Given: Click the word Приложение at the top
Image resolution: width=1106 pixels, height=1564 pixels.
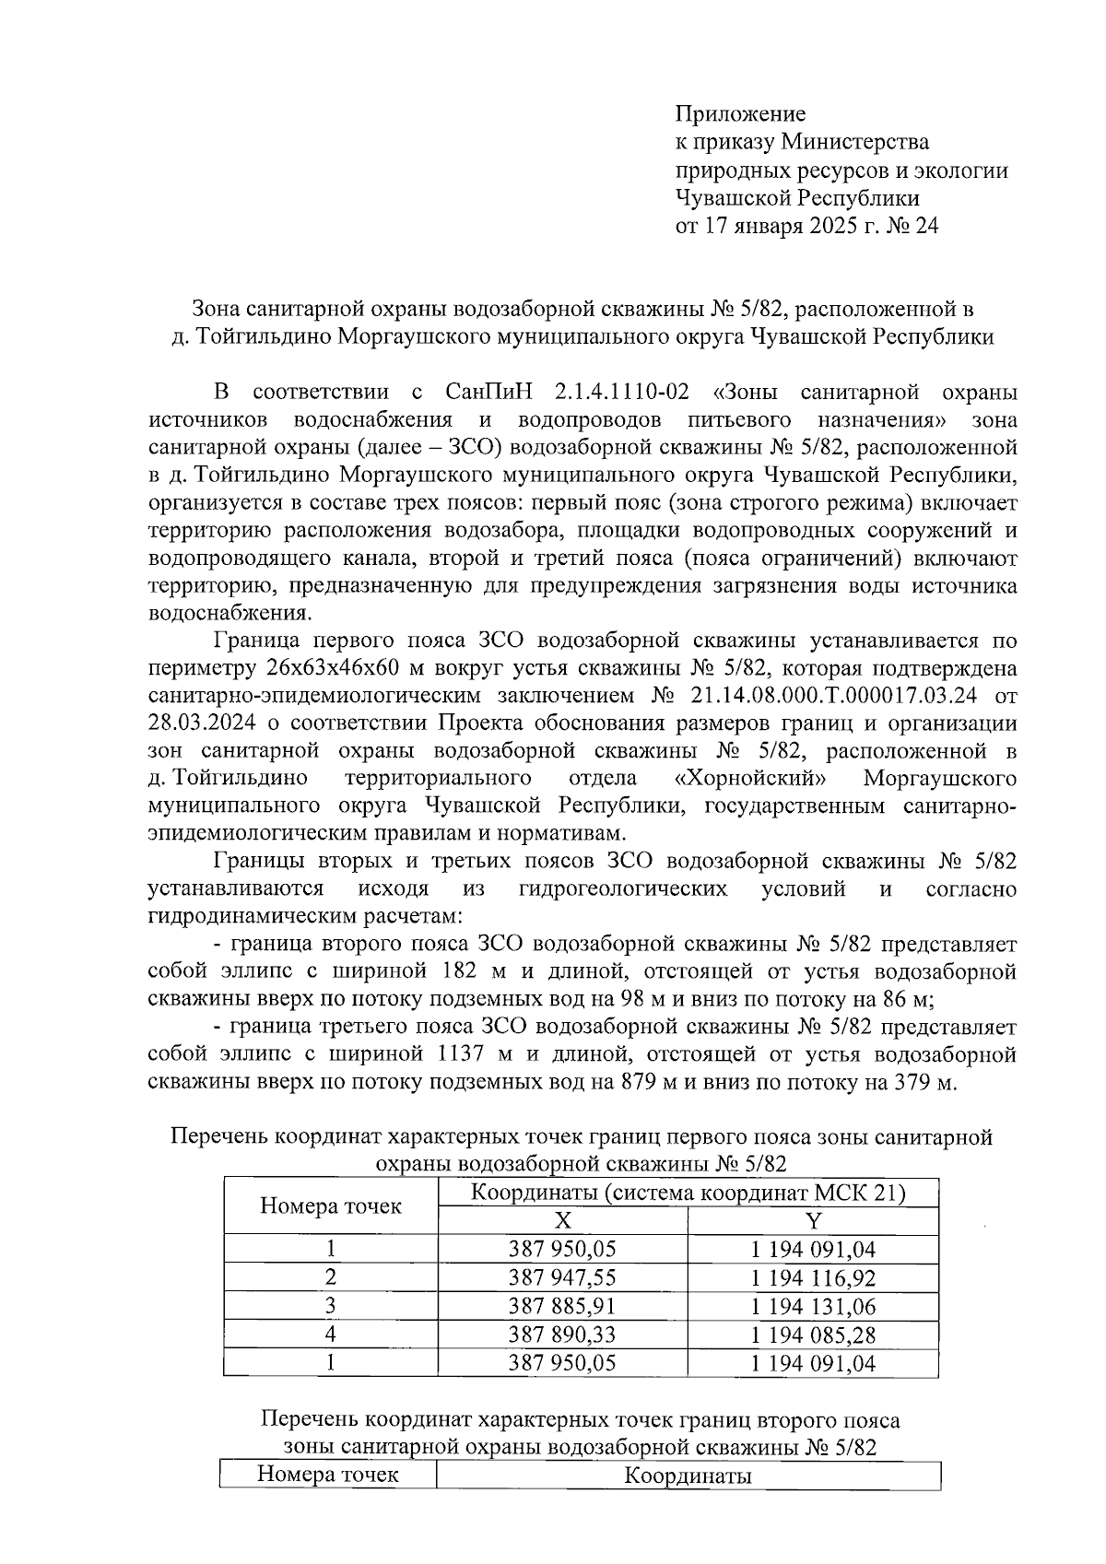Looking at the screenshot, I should coord(741,113).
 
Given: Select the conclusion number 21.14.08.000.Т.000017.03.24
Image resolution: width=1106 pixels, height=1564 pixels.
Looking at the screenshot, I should coord(828,695).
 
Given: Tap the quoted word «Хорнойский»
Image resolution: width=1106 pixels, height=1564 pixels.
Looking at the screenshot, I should coord(749,778).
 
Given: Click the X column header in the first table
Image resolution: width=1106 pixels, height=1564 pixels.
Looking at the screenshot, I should coord(562,1221).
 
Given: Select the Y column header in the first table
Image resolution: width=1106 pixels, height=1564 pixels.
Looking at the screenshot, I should coord(813,1221).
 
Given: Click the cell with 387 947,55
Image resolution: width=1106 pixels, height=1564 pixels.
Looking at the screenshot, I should coord(562,1277).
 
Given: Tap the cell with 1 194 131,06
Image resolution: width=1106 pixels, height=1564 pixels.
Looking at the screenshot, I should coord(813,1306).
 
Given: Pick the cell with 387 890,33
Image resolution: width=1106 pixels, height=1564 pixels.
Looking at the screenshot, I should coord(562,1335).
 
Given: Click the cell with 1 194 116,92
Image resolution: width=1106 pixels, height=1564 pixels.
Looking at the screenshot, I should coord(813,1277).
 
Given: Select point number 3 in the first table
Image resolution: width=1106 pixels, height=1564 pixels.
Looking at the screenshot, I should coord(331,1306).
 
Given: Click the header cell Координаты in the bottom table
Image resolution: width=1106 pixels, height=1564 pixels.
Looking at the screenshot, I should coord(688,1476).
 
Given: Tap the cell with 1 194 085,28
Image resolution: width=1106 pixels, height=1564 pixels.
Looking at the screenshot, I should coord(813,1335).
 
